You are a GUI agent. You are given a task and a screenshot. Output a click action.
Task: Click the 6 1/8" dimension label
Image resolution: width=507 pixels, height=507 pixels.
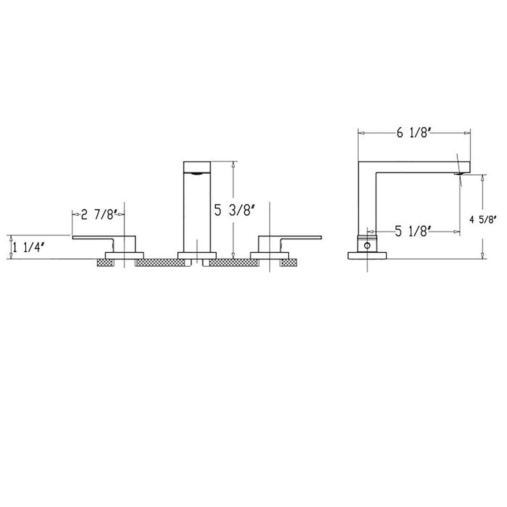pos(413,134)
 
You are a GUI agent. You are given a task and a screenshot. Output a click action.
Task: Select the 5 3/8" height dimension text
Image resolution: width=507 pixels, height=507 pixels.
pos(234,211)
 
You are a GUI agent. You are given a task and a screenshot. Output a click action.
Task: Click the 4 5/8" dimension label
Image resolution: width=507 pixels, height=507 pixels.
pos(483,220)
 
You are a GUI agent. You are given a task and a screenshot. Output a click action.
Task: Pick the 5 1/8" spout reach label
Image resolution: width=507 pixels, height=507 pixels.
pos(413,232)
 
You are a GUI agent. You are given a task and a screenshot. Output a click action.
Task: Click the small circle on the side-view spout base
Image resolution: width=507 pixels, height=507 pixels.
pos(367,246)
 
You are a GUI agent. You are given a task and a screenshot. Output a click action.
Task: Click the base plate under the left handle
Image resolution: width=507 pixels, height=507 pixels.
pos(125,256)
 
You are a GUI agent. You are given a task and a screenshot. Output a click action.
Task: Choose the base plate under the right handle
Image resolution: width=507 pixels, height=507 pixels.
pos(269,256)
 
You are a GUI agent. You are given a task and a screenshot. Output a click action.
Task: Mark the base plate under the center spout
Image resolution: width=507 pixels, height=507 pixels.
pos(197,256)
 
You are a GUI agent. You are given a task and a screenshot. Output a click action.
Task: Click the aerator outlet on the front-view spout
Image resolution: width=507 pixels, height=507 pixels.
pos(197,174)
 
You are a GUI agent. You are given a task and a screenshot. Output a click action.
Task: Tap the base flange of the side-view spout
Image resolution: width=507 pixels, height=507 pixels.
pos(367,256)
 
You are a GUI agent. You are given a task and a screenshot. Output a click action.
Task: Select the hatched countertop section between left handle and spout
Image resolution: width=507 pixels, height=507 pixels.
pos(160,263)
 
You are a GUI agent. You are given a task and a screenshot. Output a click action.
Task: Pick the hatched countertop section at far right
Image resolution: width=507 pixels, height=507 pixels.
pos(289,263)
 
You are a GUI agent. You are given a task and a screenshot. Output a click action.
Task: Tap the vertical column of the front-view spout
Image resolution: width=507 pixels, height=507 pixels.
pos(197,210)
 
